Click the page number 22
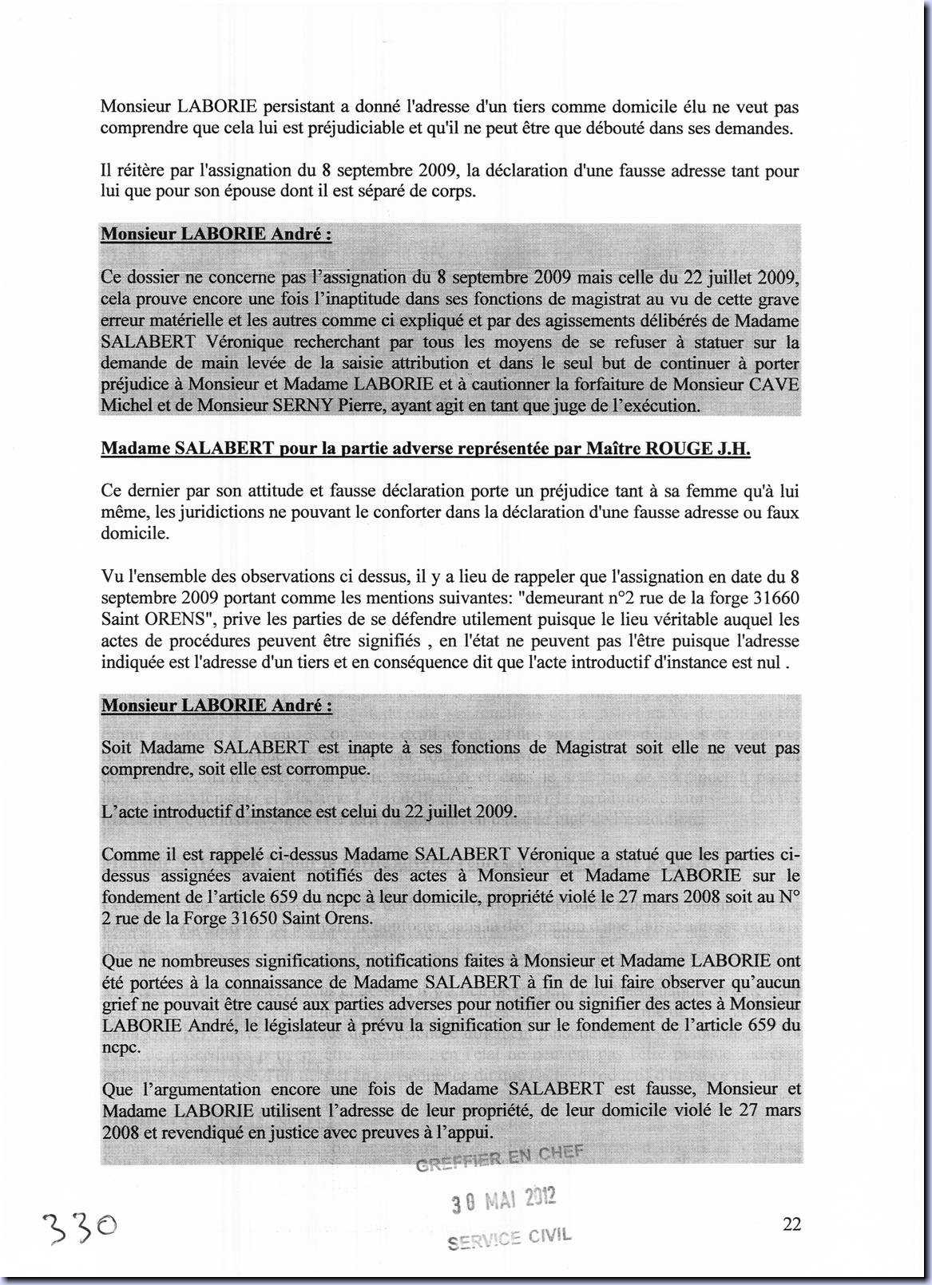(x=791, y=1224)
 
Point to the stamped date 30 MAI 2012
(x=504, y=1200)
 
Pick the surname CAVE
(x=773, y=384)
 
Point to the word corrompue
(x=329, y=769)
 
